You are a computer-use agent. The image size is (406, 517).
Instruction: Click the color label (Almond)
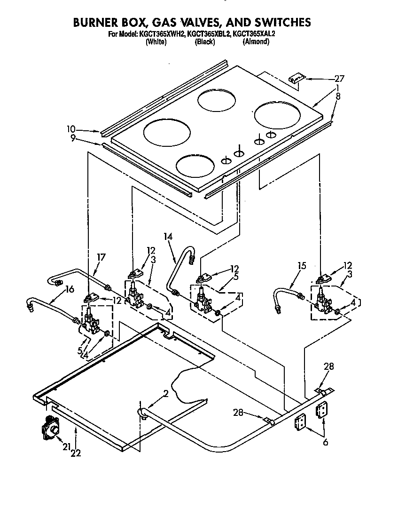256,42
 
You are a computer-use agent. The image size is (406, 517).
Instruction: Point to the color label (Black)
205,42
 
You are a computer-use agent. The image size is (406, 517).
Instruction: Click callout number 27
339,79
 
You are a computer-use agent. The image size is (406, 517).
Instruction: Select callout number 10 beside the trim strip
71,129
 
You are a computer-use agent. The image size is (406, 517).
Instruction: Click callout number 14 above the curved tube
168,237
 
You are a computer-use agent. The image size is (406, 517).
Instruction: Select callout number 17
101,257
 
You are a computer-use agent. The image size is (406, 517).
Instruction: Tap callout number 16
69,289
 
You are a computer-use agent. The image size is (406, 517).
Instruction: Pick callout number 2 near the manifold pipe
165,394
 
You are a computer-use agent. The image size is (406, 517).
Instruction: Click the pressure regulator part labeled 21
50,429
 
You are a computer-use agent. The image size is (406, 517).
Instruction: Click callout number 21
66,447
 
